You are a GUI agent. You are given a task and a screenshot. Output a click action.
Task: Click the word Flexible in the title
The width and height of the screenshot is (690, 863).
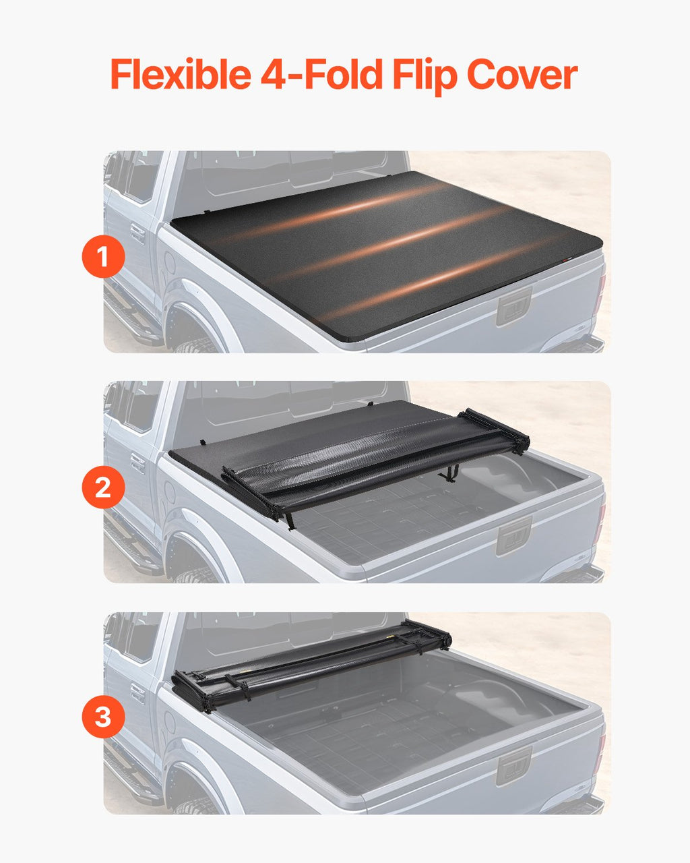[x=181, y=74]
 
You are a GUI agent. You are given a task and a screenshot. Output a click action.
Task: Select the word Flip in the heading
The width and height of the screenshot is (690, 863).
[x=425, y=76]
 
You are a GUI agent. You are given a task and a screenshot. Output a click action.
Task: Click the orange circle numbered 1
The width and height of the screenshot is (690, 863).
[x=103, y=256]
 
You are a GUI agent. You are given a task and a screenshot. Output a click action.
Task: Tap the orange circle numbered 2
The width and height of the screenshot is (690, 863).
[x=103, y=487]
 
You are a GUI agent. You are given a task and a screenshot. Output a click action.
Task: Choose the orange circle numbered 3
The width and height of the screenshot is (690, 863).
[x=103, y=717]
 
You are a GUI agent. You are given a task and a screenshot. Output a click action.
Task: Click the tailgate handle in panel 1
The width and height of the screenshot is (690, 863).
[x=514, y=307]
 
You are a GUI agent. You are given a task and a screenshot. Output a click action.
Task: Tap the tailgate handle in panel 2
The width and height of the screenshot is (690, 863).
[x=514, y=537]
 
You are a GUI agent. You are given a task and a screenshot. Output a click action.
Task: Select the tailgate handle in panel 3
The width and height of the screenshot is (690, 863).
[x=514, y=767]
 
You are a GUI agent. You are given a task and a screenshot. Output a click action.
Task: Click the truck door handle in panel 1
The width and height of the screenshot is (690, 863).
[x=137, y=234]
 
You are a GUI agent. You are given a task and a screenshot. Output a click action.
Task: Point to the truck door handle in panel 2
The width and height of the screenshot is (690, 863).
[x=137, y=464]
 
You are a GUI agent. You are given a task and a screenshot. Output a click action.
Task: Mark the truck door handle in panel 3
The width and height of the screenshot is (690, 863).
[x=137, y=694]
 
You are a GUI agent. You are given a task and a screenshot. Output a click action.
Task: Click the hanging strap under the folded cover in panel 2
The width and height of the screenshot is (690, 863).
[x=451, y=473]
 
